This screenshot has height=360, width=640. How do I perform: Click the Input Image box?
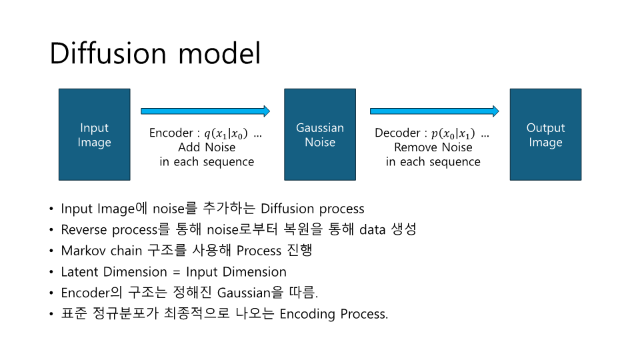[x=94, y=134]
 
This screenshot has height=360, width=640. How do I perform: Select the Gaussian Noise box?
[x=320, y=134]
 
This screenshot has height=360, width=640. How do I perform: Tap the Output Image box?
[x=545, y=134]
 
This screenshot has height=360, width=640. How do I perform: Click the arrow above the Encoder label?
[x=205, y=111]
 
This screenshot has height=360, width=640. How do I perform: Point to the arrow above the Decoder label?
[x=434, y=111]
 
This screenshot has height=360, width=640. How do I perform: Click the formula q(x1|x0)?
[x=226, y=133]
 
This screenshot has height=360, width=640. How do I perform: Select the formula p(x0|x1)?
[x=453, y=133]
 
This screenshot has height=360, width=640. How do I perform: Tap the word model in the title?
[x=219, y=53]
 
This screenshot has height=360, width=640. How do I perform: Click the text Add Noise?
[x=207, y=147]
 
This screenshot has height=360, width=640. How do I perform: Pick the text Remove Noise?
[x=433, y=147]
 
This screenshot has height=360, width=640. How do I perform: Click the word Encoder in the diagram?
[x=171, y=133]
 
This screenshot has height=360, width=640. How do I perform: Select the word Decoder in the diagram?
[x=397, y=133]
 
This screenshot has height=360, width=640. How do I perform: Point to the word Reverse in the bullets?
[x=84, y=229]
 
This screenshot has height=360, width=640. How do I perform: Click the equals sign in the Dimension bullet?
[x=176, y=272]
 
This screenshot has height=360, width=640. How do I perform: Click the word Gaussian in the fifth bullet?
[x=244, y=293]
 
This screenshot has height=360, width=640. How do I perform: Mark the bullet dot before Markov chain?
[x=51, y=251]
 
